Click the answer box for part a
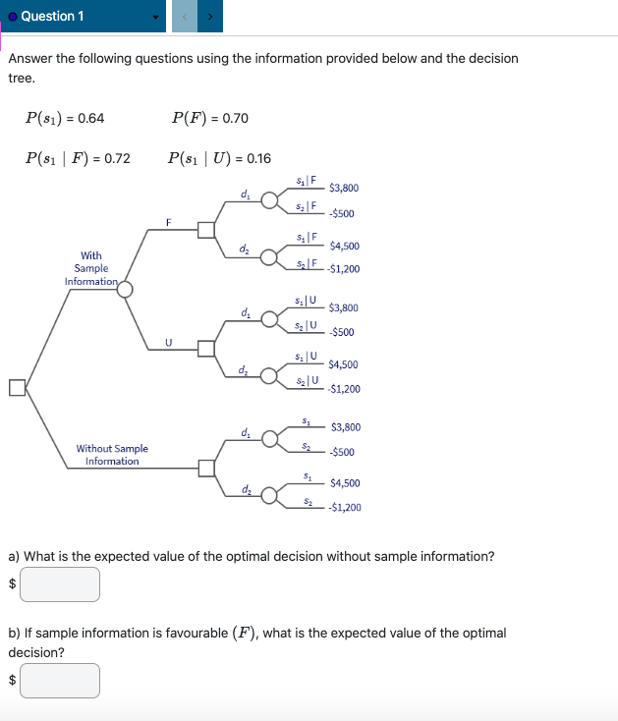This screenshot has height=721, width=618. pyautogui.click(x=60, y=584)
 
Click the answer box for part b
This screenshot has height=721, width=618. pyautogui.click(x=60, y=681)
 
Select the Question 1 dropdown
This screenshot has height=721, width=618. pyautogui.click(x=83, y=16)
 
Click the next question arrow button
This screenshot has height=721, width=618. pyautogui.click(x=208, y=16)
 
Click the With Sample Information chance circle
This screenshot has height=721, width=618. pyautogui.click(x=126, y=289)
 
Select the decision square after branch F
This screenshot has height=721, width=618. pyautogui.click(x=206, y=230)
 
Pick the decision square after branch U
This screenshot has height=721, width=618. pyautogui.click(x=206, y=348)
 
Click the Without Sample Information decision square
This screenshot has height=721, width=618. pyautogui.click(x=206, y=468)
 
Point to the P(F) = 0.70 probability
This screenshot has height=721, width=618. pyautogui.click(x=209, y=119)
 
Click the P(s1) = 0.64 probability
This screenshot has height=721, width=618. pyautogui.click(x=65, y=119)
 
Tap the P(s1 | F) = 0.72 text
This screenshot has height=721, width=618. pyautogui.click(x=78, y=158)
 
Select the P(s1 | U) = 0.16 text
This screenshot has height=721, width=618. pyautogui.click(x=219, y=158)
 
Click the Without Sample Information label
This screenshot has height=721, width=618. pyautogui.click(x=112, y=455)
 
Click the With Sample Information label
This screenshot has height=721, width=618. pyautogui.click(x=90, y=268)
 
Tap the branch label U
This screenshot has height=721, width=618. pyautogui.click(x=168, y=342)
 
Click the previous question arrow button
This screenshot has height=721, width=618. pyautogui.click(x=183, y=16)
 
